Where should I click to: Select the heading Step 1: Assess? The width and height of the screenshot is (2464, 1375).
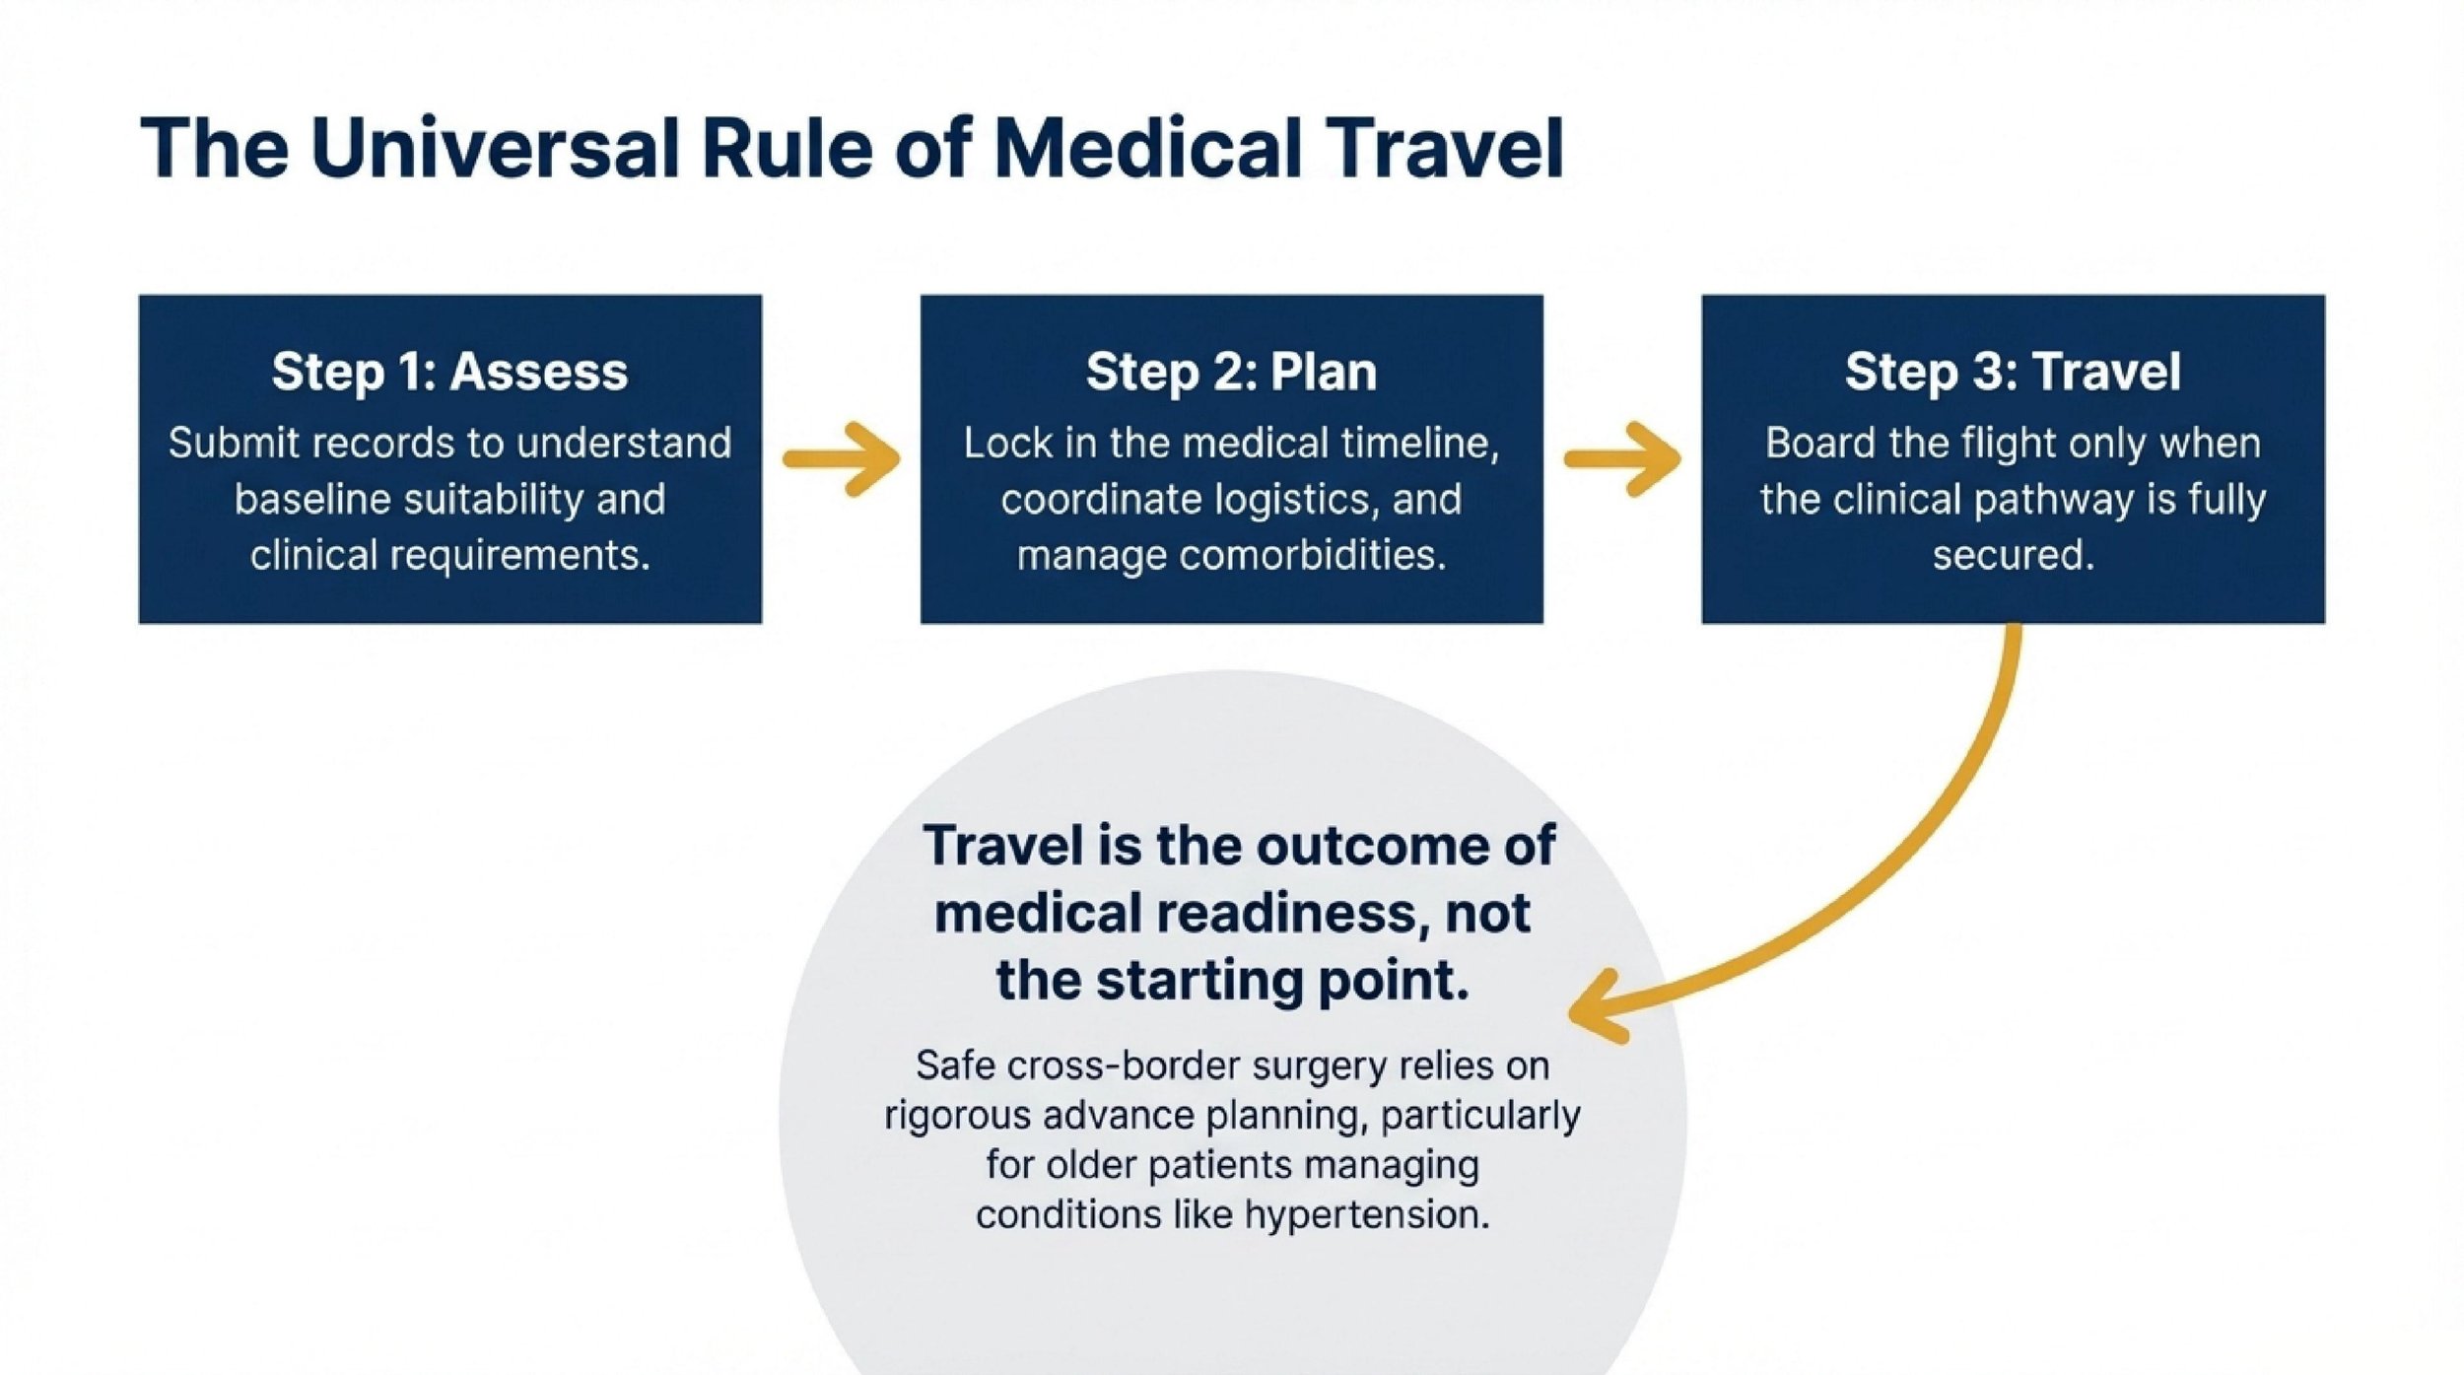(449, 372)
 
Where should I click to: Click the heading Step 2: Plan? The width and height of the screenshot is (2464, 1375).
(1231, 372)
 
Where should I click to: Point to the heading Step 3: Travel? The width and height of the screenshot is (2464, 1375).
(2013, 372)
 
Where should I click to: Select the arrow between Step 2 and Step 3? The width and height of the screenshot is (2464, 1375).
(1622, 458)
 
